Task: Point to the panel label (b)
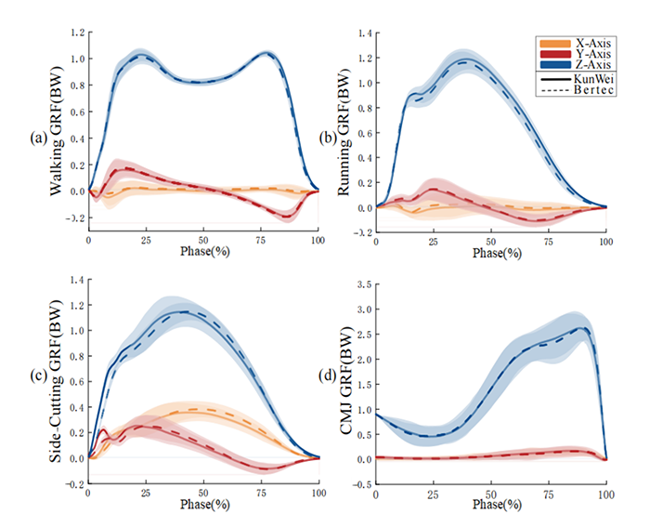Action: click(x=331, y=139)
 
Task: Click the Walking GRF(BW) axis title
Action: click(x=58, y=130)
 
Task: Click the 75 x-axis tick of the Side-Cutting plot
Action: click(x=261, y=493)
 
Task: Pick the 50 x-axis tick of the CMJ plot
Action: click(x=490, y=493)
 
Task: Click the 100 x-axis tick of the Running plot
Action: click(x=605, y=240)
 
